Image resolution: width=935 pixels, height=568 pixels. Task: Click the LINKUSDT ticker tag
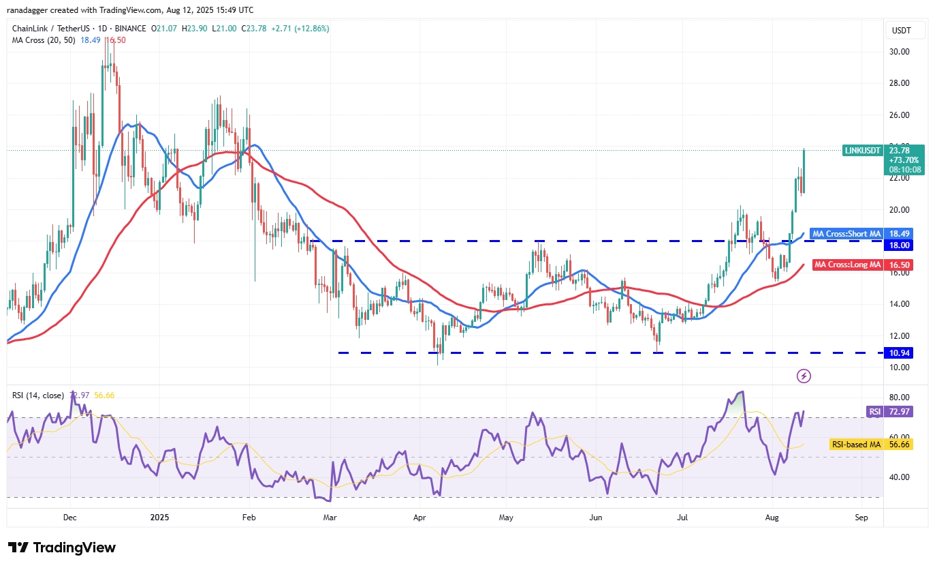tap(862, 150)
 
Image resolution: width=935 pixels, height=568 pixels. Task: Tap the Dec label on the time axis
tap(70, 518)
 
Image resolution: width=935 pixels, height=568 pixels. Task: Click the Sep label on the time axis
tap(861, 518)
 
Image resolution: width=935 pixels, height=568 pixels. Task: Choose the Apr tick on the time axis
tap(419, 518)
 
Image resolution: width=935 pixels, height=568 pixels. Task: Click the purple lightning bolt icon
tap(804, 376)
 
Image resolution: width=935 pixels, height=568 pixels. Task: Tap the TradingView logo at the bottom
tap(62, 548)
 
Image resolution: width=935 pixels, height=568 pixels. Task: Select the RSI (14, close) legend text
tap(38, 395)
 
